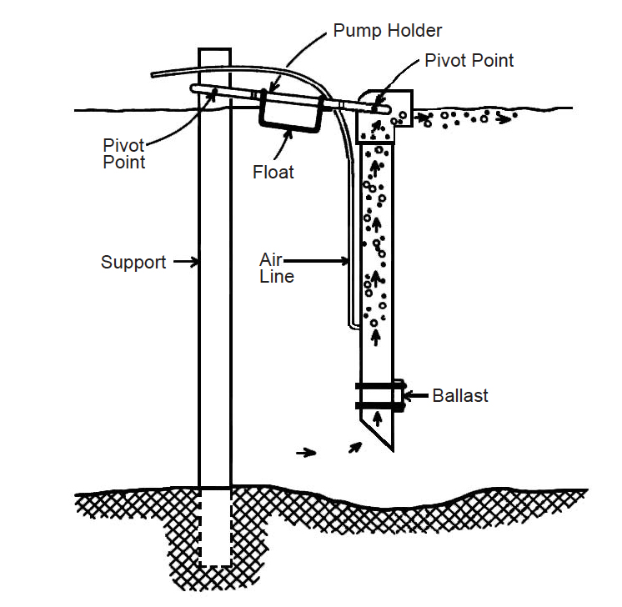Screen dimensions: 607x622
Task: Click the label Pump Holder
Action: coord(388,31)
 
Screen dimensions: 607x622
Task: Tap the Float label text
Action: coord(273,173)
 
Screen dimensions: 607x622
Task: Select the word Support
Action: coord(133,262)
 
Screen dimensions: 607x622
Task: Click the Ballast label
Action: coord(460,395)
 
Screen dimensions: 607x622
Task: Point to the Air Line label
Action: coord(276,268)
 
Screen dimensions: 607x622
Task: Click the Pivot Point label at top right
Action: coord(469,60)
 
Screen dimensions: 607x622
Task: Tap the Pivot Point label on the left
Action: coord(124,153)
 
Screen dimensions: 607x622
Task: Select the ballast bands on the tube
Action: coord(380,396)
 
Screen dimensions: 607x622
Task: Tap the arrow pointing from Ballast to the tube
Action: coord(413,395)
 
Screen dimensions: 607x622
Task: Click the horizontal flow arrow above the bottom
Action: coord(307,453)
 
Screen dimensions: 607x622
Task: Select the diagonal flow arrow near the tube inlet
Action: coord(356,447)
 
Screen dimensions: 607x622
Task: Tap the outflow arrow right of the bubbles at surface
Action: coord(502,119)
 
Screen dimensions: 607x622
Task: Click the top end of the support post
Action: coord(214,53)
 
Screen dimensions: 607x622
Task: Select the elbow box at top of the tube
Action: coord(383,117)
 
